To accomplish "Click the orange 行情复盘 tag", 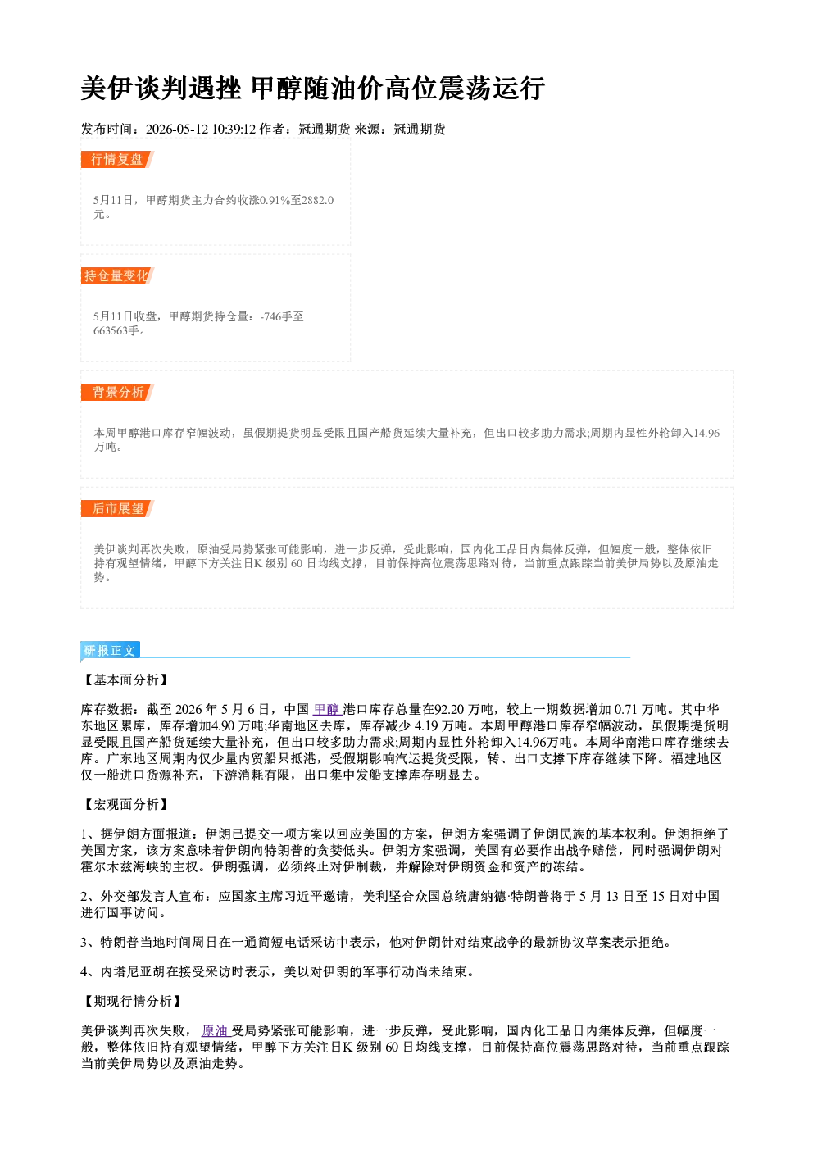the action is [x=117, y=160].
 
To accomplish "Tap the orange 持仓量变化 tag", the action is [x=117, y=276].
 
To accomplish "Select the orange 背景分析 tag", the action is [x=117, y=393].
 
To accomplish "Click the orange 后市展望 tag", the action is [x=117, y=509].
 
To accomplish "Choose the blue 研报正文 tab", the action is [x=110, y=651].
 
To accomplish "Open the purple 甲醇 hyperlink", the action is [x=326, y=710].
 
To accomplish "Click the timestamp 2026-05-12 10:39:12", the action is [x=201, y=129].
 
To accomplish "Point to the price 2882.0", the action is [x=318, y=200].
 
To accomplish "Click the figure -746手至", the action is [x=282, y=316].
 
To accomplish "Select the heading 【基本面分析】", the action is [x=126, y=680].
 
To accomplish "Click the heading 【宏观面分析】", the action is [x=126, y=804].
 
